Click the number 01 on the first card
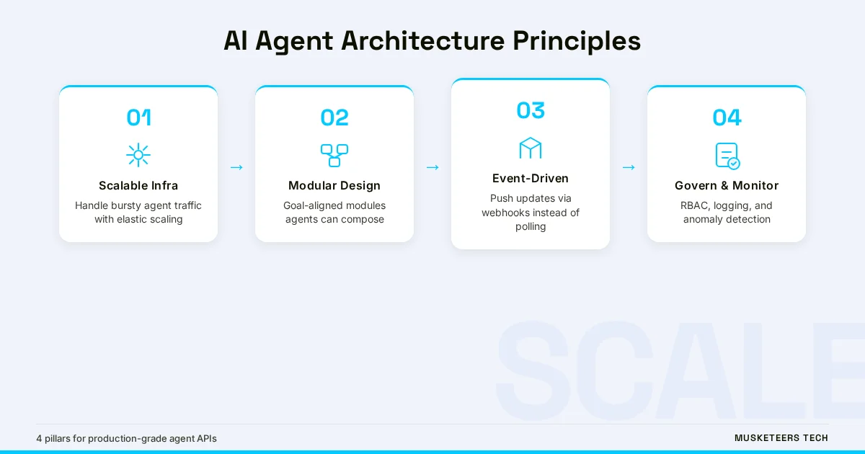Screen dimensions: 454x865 138,117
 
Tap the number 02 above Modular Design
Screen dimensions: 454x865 334,117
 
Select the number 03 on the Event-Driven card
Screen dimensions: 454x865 531,110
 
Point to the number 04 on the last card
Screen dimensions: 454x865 727,117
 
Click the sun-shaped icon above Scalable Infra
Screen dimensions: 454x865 138,155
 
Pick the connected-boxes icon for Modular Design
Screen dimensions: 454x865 334,155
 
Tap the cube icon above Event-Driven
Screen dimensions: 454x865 531,148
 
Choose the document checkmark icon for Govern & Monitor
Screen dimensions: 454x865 727,156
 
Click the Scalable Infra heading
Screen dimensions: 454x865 138,185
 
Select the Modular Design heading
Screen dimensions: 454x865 334,185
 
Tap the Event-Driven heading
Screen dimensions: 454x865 531,178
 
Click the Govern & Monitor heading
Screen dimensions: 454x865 727,185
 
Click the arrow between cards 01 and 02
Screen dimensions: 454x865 236,167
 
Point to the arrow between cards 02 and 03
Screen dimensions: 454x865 432,167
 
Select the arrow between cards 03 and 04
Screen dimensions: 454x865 629,167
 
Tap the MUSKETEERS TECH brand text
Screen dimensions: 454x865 781,438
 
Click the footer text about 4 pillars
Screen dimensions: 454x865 126,438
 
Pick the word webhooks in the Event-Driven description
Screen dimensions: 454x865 505,213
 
